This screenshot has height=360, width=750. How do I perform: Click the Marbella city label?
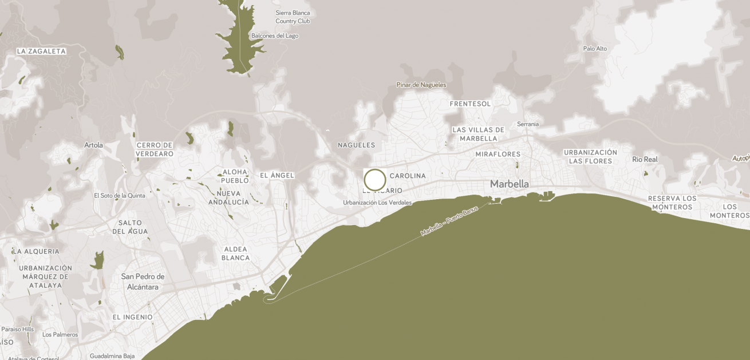pos(510,184)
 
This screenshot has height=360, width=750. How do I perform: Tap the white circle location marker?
pos(375,180)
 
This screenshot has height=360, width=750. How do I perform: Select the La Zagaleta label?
pos(41,52)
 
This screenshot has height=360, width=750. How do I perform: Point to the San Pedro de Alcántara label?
pos(143,282)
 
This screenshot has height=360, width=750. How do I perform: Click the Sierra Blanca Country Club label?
pos(293,17)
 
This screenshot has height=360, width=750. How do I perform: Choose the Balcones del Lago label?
pos(275,36)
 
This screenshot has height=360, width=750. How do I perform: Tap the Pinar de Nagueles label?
pos(421,85)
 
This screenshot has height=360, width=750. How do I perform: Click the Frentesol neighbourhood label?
pos(470,104)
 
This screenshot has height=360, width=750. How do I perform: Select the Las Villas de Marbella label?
pos(479,134)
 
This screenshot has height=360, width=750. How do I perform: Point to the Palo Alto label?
pos(595,49)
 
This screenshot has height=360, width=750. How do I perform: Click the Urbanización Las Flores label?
pos(590,156)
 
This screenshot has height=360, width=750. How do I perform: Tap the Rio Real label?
pos(645,159)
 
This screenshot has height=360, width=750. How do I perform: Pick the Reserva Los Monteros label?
pos(672,203)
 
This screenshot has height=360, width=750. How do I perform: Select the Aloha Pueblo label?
pos(235,176)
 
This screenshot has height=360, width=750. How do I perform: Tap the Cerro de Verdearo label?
pos(155,149)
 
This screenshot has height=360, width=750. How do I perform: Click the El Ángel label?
pos(277,175)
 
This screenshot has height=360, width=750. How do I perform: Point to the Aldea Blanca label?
pos(236,253)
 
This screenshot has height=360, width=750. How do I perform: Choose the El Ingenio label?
pos(132,317)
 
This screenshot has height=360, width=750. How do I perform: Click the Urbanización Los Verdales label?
pos(377,203)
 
